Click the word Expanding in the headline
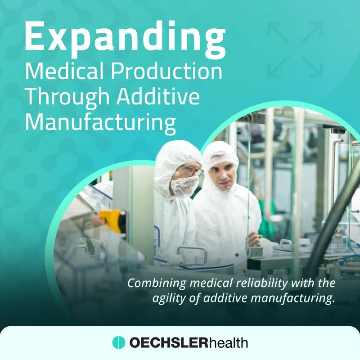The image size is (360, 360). (x=125, y=39)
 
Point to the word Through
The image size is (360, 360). (x=67, y=97)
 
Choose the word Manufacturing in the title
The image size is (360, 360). (x=100, y=123)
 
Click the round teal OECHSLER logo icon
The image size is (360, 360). (x=119, y=342)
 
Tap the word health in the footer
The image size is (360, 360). (x=229, y=342)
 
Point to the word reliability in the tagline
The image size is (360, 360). (x=261, y=283)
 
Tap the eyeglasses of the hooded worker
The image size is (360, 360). (x=193, y=171)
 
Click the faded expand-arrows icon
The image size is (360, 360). (x=295, y=50)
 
